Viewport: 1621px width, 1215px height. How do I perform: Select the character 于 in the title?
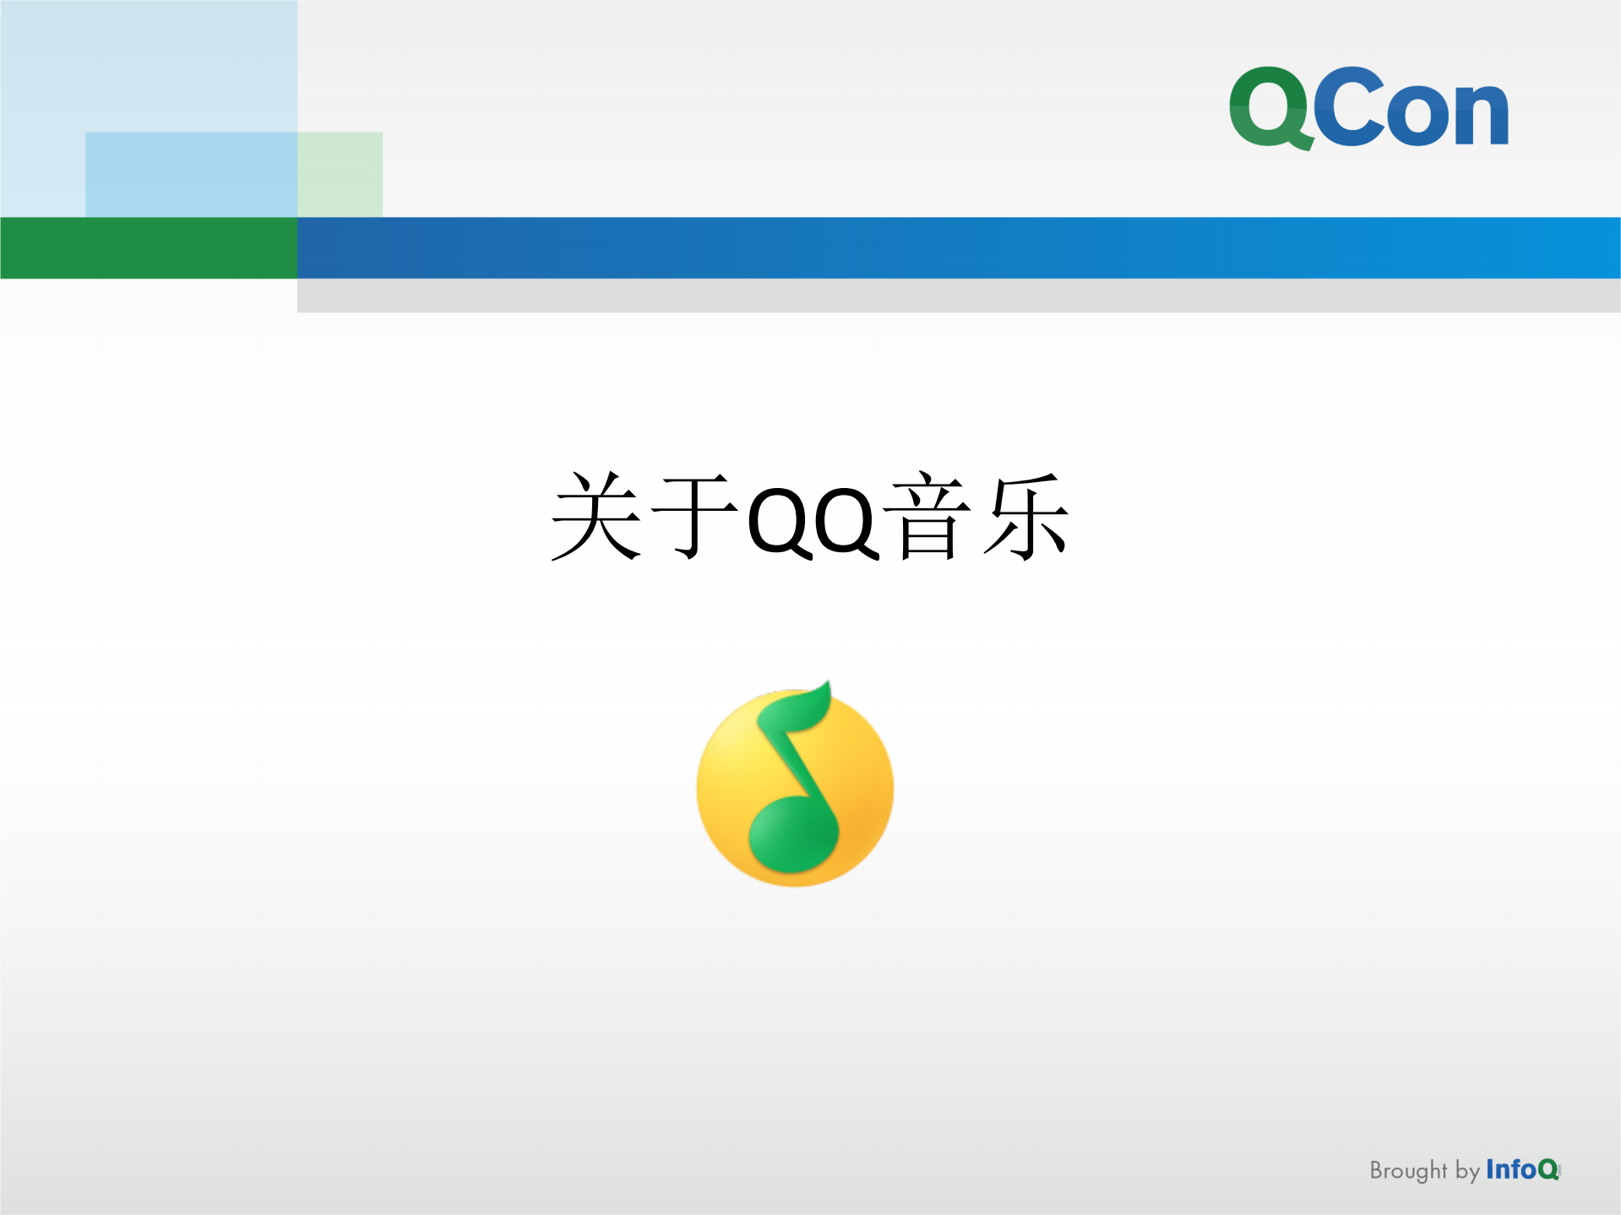tap(695, 517)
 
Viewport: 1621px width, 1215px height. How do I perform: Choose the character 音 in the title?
tap(927, 517)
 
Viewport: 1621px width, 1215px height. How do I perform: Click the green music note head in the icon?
tap(792, 836)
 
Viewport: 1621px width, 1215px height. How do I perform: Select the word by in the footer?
tap(1467, 1172)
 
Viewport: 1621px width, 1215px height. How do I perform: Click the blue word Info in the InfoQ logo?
tap(1510, 1169)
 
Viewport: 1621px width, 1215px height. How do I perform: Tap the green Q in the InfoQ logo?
tap(1548, 1170)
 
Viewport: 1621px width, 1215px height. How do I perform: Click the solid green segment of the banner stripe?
tap(148, 247)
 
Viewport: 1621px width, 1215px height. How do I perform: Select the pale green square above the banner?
tap(340, 174)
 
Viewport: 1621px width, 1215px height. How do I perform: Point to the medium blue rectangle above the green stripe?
tap(190, 174)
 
